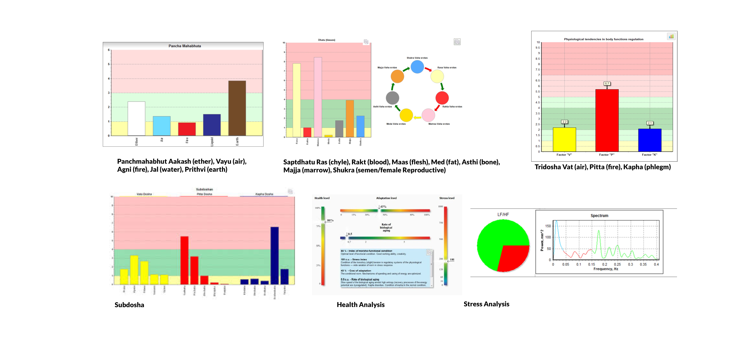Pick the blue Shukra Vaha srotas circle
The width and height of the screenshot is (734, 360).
pyautogui.click(x=417, y=67)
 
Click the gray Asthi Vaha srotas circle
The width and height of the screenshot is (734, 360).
pyautogui.click(x=392, y=98)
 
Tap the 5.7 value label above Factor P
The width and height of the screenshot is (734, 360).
pyautogui.click(x=607, y=84)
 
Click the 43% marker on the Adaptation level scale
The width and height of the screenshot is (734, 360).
pyautogui.click(x=383, y=206)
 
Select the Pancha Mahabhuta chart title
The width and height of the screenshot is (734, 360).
pyautogui.click(x=185, y=46)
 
